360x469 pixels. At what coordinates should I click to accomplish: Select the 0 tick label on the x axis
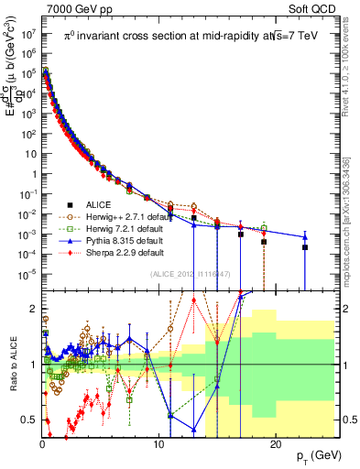[42, 443]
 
